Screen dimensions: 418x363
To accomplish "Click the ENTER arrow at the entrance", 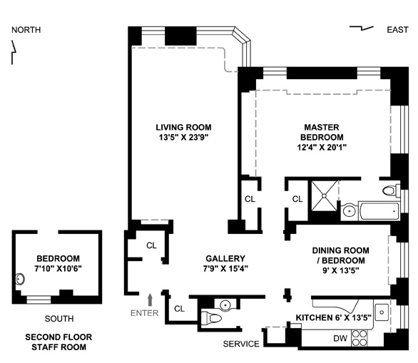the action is (x=150, y=300).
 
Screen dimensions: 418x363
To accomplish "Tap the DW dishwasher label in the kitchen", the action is (x=340, y=338).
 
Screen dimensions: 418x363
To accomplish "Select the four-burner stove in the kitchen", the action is (x=359, y=338).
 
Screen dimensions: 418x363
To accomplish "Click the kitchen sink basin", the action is (x=382, y=312).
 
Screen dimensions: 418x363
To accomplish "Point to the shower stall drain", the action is (x=324, y=196).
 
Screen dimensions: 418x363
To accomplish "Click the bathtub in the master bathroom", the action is (x=379, y=211).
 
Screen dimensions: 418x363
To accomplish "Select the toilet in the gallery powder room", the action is (x=210, y=317).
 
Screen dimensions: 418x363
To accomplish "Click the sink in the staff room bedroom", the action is (x=20, y=280).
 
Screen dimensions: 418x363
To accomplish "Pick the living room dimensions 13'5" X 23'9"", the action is (x=183, y=137).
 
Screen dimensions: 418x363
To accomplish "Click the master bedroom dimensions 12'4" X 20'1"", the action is (x=322, y=147).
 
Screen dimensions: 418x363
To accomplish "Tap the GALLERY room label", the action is (x=225, y=258).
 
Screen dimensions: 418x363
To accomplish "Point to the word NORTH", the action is (x=26, y=30).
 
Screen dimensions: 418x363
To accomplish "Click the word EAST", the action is (x=397, y=29).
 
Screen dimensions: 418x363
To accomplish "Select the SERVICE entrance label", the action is (x=241, y=344).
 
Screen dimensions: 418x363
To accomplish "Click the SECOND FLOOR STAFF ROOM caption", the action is (x=58, y=342).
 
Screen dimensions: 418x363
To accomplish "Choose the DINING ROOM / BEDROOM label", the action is (x=341, y=255).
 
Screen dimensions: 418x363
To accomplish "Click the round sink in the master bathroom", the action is (x=349, y=211).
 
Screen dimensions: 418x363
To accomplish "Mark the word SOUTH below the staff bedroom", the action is (x=59, y=319).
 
